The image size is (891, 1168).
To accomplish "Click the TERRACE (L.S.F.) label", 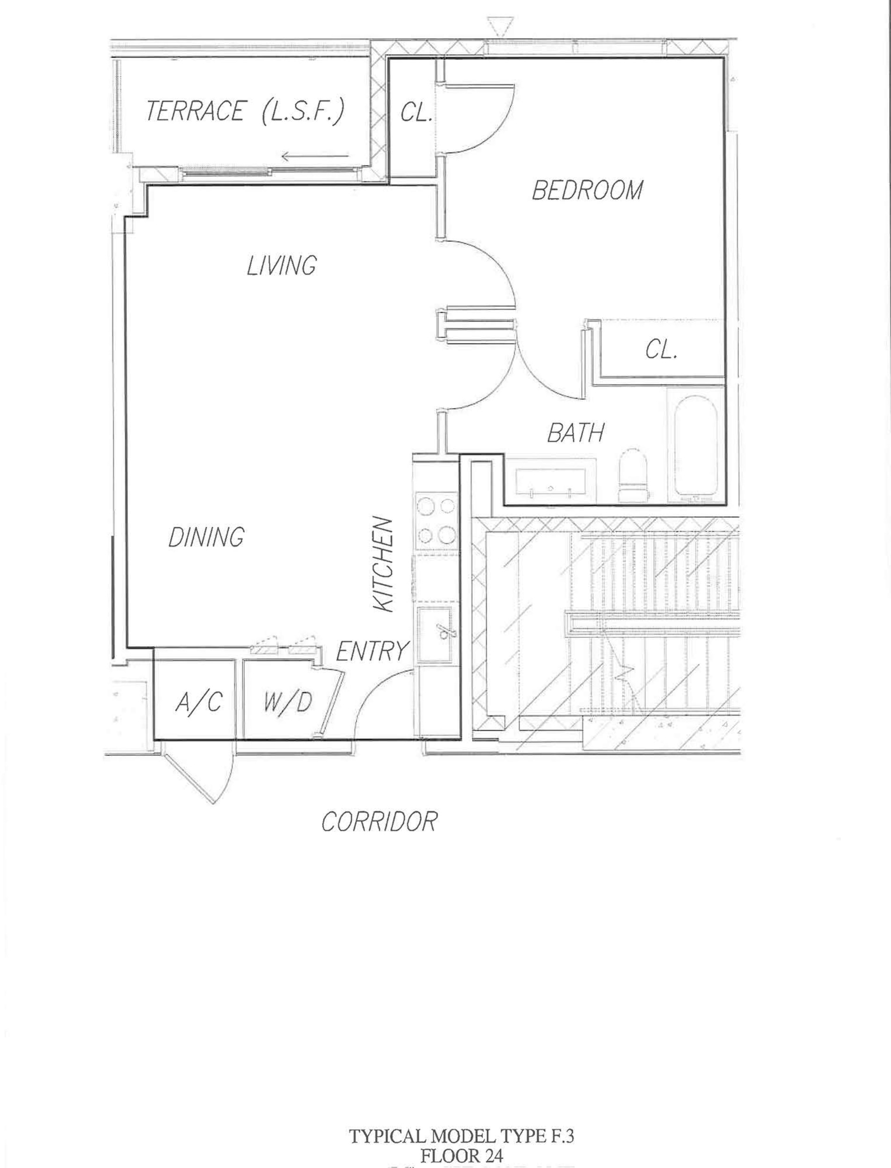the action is pyautogui.click(x=245, y=112).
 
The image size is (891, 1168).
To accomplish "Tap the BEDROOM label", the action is pyautogui.click(x=587, y=190).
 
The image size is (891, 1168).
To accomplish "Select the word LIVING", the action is pyautogui.click(x=282, y=265).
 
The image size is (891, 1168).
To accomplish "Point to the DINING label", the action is pyautogui.click(x=206, y=537).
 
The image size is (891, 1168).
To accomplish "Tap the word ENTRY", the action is pyautogui.click(x=373, y=651).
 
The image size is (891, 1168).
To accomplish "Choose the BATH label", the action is pyautogui.click(x=576, y=433).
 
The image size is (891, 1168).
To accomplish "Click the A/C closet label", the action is pyautogui.click(x=197, y=703).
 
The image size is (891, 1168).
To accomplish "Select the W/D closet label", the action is pyautogui.click(x=287, y=703).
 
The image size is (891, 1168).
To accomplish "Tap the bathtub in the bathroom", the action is pyautogui.click(x=695, y=445).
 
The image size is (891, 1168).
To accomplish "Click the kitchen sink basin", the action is pyautogui.click(x=435, y=635).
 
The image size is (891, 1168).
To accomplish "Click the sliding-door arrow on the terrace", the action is pyautogui.click(x=315, y=156).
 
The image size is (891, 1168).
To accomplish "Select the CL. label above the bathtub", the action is pyautogui.click(x=661, y=350).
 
